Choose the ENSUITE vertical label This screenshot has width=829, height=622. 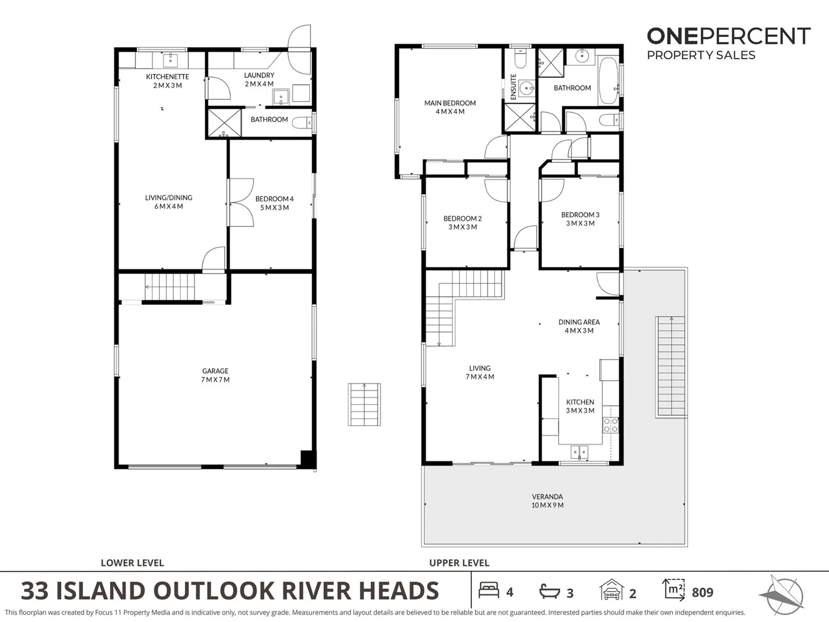(513, 86)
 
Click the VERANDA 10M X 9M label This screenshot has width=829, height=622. (547, 500)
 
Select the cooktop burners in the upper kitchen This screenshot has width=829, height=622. (610, 425)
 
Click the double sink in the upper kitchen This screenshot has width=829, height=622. (580, 452)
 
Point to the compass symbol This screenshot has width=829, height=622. (782, 593)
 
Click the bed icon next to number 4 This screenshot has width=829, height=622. (489, 591)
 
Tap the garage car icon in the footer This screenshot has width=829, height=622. (611, 591)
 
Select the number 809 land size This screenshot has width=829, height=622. (702, 592)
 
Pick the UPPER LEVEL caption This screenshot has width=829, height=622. (459, 563)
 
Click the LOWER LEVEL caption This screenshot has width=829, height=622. (132, 563)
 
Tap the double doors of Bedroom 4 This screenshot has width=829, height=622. (242, 202)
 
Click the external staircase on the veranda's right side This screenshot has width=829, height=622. (671, 366)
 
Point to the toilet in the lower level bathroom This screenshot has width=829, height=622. (302, 122)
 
